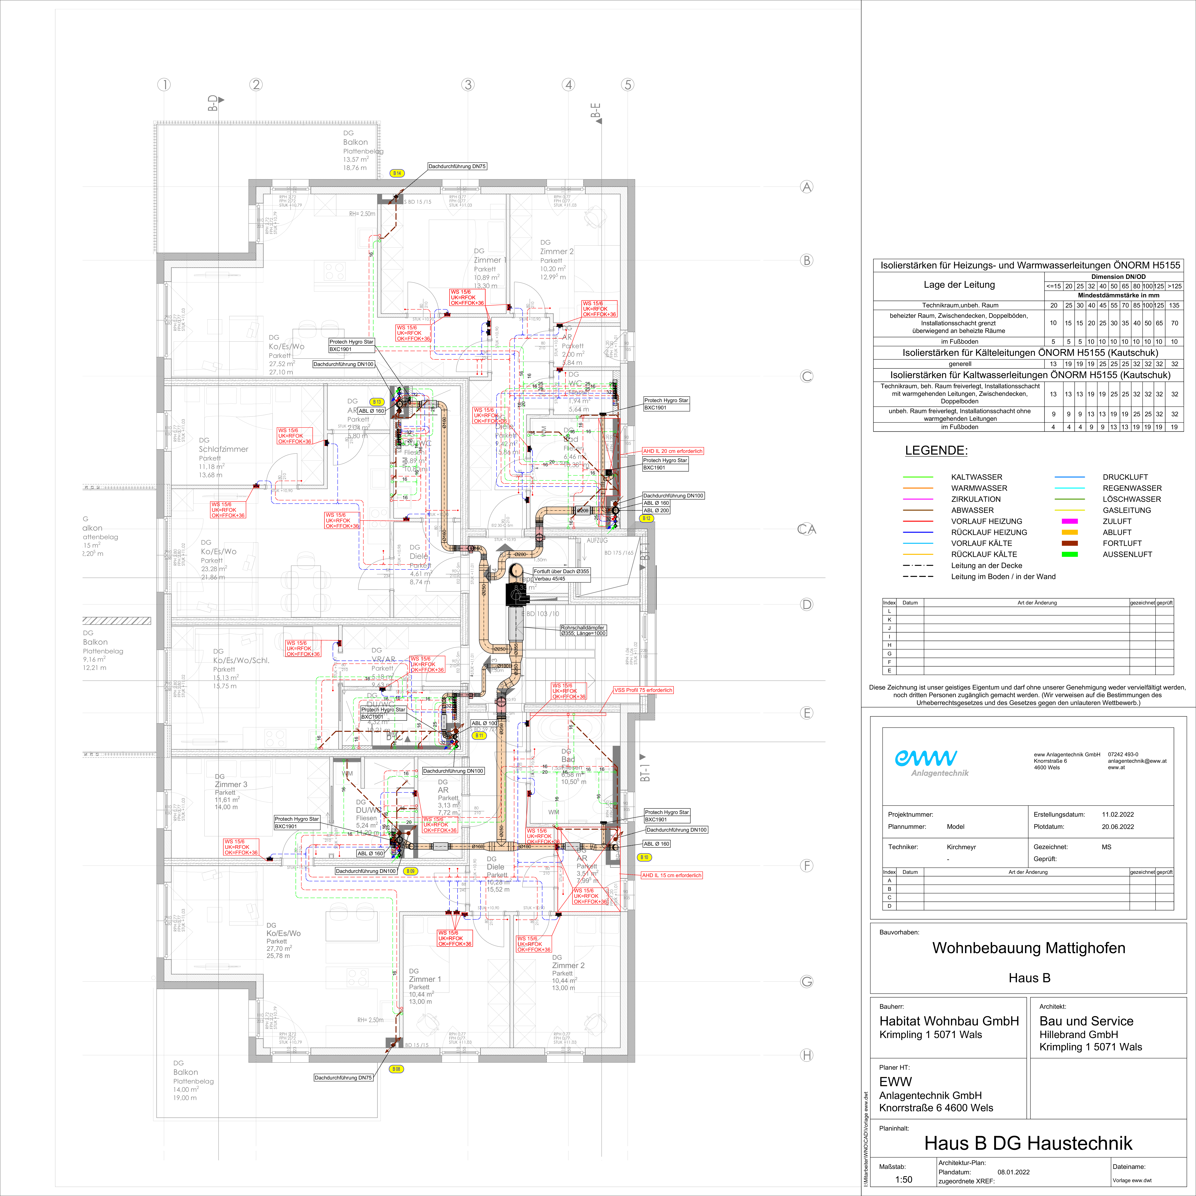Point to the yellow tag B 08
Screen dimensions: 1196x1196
396,1069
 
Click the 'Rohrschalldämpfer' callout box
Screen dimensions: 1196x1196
583,630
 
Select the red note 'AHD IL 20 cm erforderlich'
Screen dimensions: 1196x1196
672,451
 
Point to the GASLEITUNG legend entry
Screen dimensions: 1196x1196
1127,510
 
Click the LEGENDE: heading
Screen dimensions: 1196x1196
936,451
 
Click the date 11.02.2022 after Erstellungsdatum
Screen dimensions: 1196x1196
1117,815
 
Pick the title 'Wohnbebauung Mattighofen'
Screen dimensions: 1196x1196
1028,948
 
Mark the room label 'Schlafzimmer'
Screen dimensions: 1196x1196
223,449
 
